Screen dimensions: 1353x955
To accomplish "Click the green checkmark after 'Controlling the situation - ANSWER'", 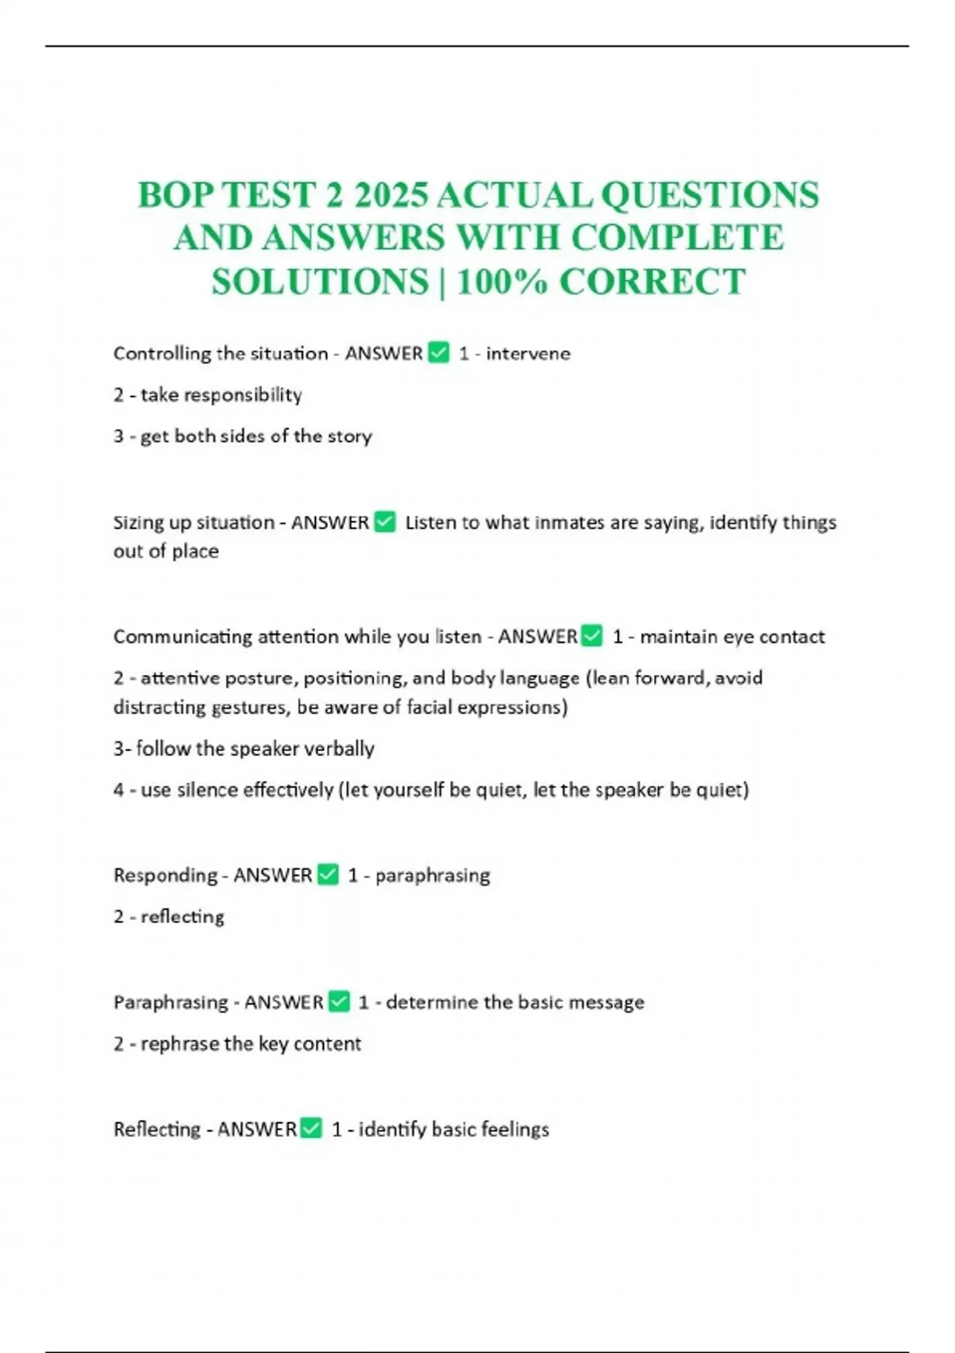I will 439,352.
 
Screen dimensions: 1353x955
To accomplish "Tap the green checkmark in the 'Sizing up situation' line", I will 385,521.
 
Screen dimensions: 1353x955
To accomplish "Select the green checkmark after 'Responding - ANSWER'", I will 328,874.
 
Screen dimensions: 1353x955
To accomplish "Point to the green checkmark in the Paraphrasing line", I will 339,1001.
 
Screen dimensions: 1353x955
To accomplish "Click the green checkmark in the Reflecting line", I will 311,1128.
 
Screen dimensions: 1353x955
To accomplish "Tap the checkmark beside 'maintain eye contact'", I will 592,635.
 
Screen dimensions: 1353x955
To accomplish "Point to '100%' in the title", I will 501,281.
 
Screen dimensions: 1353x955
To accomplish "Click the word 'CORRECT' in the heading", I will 652,281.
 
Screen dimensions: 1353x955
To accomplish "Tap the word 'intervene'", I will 528,353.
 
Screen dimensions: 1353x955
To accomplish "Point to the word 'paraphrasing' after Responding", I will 432,875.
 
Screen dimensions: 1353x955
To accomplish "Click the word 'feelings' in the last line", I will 516,1129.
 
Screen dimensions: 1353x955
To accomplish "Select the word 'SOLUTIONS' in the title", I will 320,281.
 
